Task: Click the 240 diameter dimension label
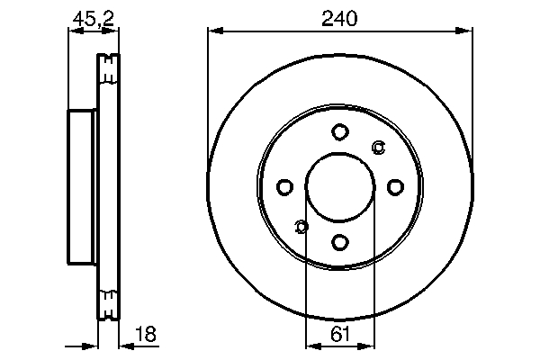[339, 17]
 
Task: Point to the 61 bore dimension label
[339, 334]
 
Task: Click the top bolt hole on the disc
[339, 132]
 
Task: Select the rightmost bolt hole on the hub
[395, 187]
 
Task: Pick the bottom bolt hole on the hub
[339, 242]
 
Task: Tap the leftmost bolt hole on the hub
[284, 187]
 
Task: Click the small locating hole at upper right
[378, 148]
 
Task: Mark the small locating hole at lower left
[301, 226]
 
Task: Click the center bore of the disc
[339, 187]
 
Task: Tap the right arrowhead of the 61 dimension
[367, 346]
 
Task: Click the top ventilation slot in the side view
[108, 68]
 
